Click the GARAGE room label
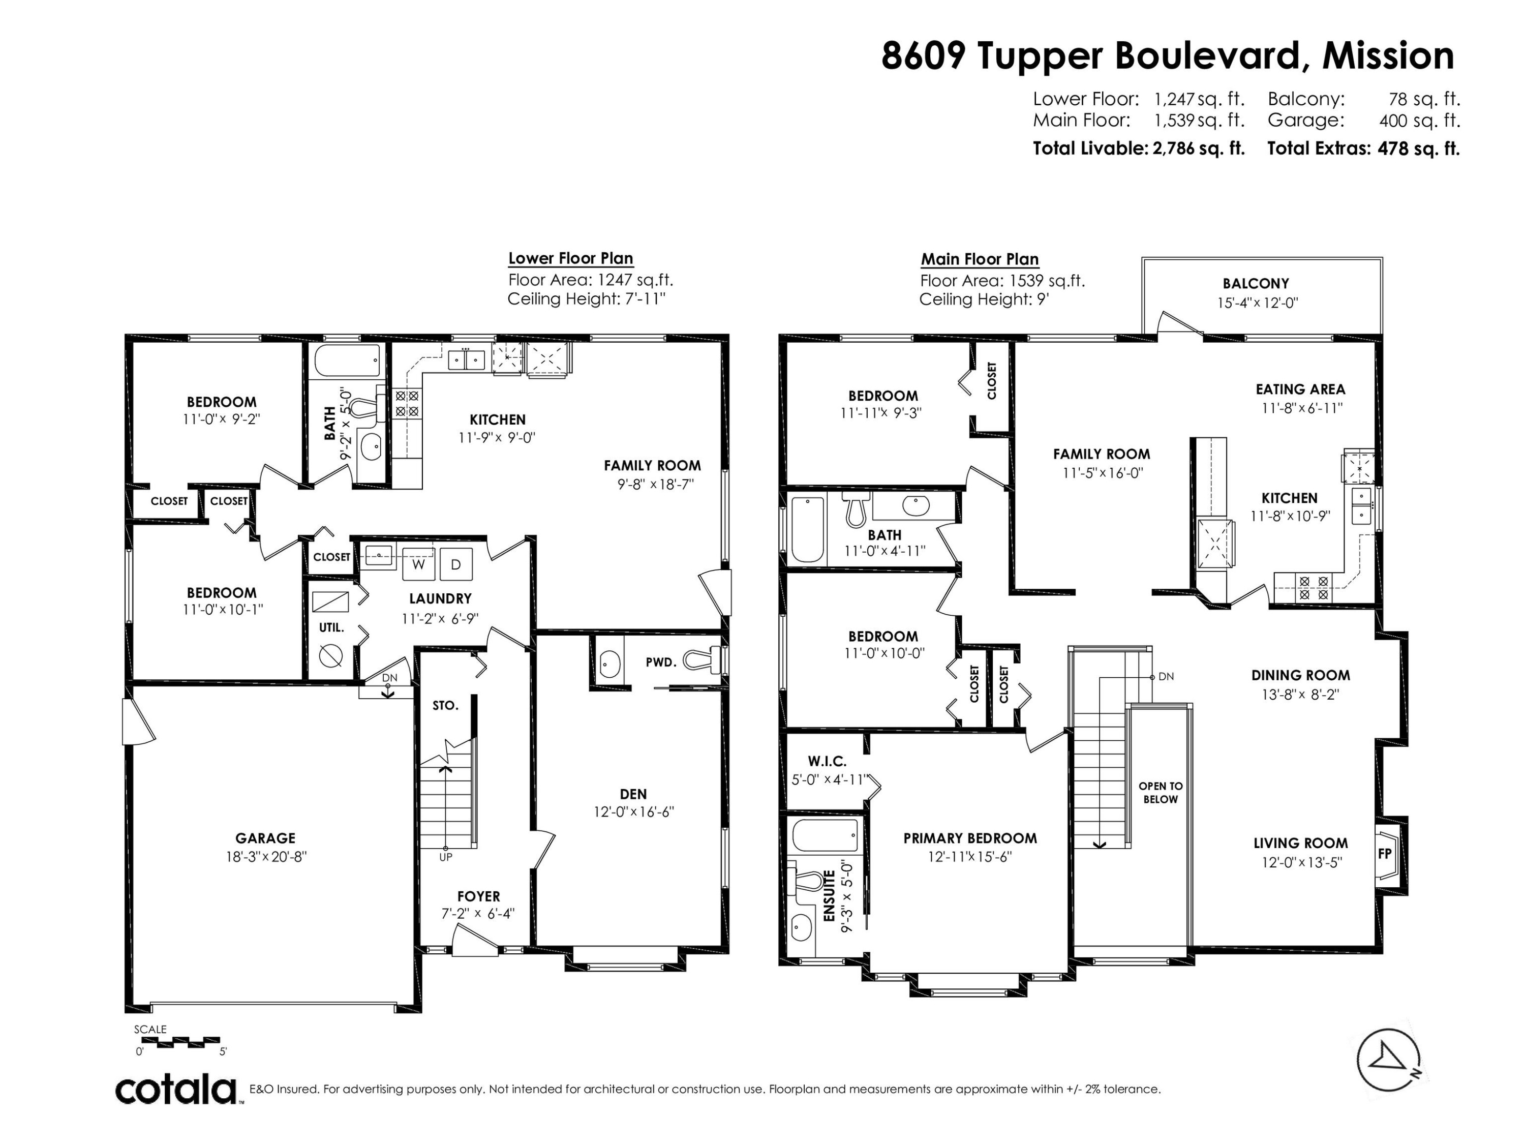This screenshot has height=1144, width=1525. tap(265, 838)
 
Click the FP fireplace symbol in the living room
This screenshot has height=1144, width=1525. tap(1385, 854)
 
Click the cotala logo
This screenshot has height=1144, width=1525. tap(176, 1090)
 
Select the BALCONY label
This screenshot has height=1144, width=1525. tap(1256, 283)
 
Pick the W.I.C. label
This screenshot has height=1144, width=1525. tap(827, 761)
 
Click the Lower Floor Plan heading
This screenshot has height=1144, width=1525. tap(571, 259)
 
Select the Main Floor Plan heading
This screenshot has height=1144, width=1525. tap(980, 259)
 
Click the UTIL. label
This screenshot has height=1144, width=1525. tap(331, 628)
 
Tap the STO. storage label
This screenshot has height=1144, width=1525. tap(445, 705)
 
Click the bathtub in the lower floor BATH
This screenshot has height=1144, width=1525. tap(348, 360)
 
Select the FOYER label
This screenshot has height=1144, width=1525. tap(478, 896)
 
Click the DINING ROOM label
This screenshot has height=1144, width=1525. tap(1300, 675)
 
